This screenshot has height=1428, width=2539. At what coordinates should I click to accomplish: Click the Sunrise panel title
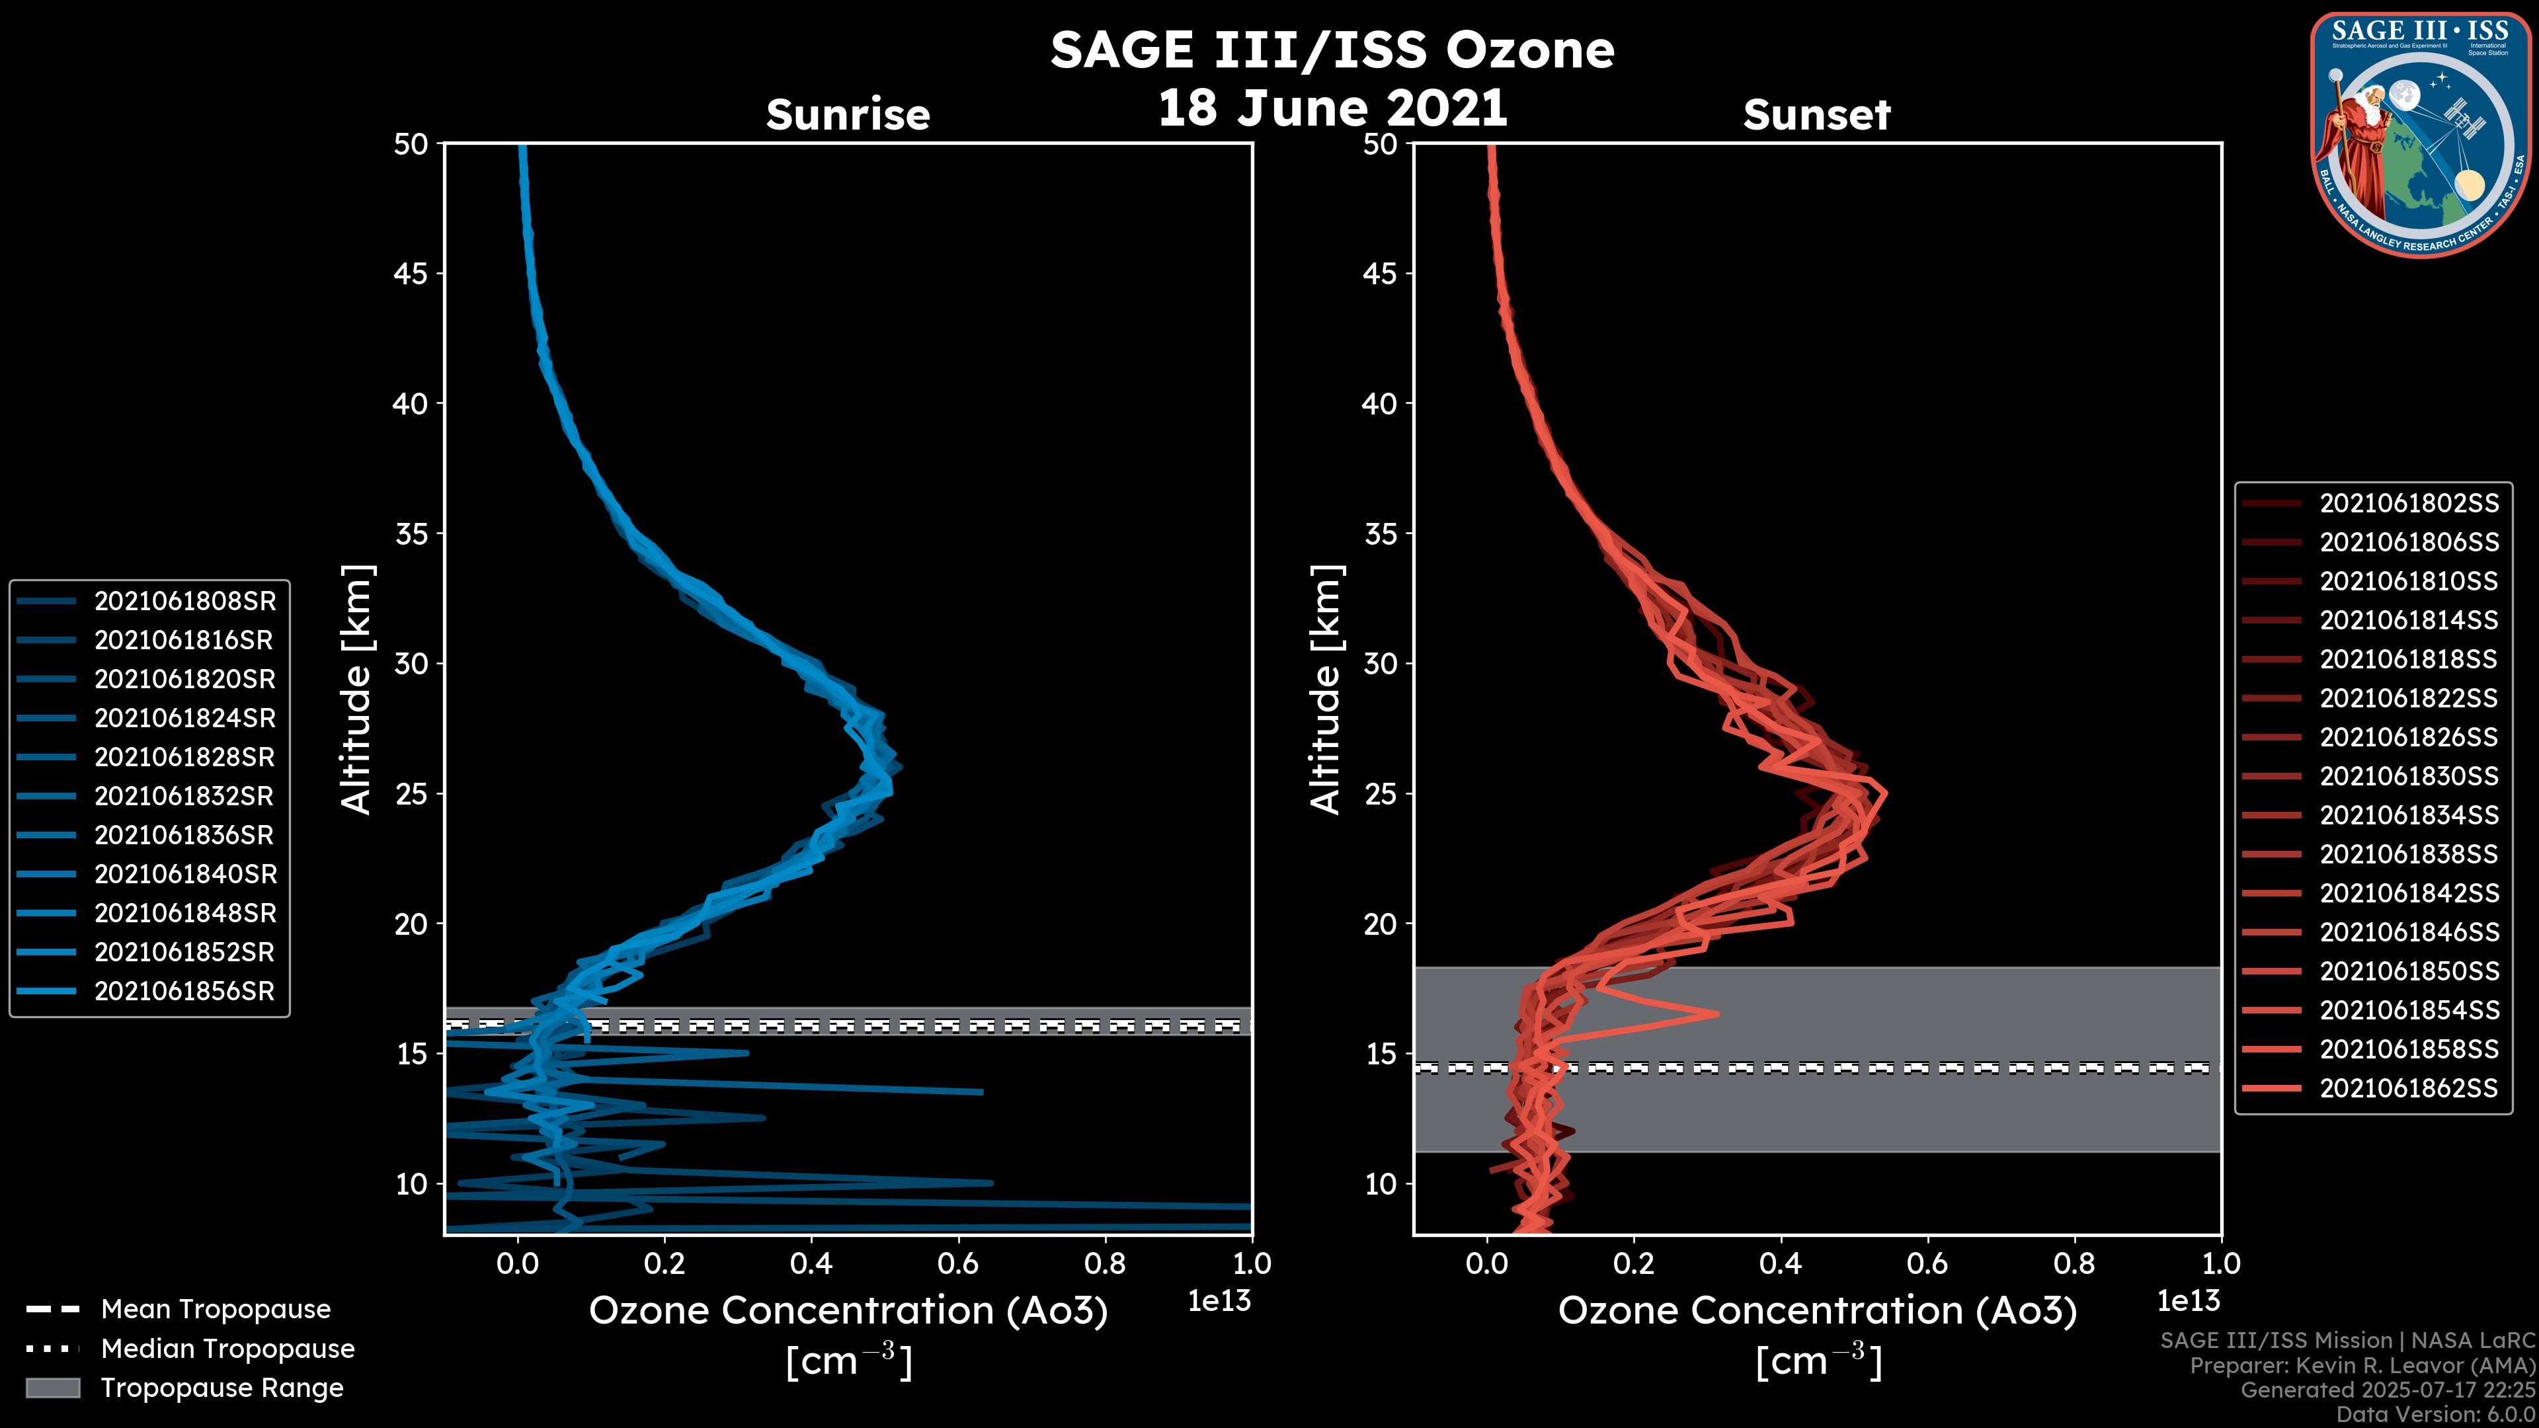pos(848,114)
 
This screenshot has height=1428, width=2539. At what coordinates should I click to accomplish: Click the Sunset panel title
pos(1816,114)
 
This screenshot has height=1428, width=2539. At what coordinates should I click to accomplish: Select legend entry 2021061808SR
pos(184,601)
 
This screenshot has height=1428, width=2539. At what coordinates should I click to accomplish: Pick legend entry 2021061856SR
pos(184,992)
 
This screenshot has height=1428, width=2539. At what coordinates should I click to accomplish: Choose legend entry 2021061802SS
pos(2409,504)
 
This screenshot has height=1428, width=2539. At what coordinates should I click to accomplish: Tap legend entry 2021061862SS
pos(2409,1088)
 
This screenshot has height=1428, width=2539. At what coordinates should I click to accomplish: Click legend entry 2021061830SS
pos(2409,777)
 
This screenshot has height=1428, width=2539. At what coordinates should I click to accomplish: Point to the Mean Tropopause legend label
pos(216,1309)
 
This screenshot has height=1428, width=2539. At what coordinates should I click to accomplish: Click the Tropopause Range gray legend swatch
pos(52,1388)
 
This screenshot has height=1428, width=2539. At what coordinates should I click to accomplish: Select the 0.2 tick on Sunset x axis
pos(1633,1263)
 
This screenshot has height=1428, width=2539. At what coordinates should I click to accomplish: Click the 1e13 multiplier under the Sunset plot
pos(2188,1301)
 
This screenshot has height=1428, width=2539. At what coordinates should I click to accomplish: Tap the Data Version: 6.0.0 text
pos(2437,1415)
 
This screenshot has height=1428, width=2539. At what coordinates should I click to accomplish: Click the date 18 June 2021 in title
pos(1332,107)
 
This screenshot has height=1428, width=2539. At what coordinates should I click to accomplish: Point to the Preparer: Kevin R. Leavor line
pos(2362,1366)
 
